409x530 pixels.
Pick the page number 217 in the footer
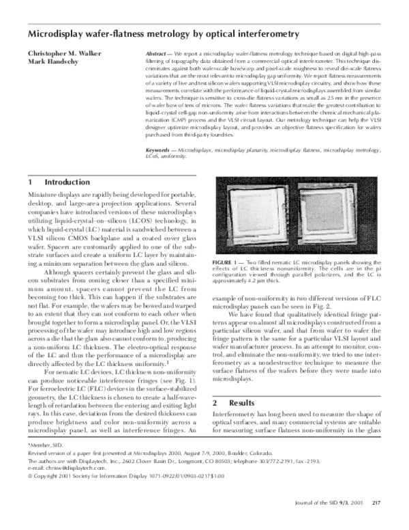pyautogui.click(x=376, y=522)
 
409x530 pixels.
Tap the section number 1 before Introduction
pyautogui.click(x=31, y=183)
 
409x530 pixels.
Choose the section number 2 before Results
pyautogui.click(x=216, y=396)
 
